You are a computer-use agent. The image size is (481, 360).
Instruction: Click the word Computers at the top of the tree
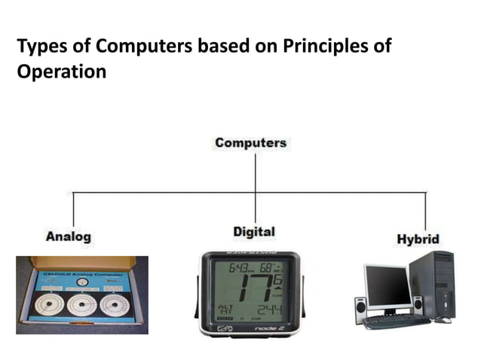click(x=250, y=142)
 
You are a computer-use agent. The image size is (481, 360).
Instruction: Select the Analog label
click(x=69, y=236)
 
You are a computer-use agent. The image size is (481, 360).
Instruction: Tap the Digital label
click(x=254, y=231)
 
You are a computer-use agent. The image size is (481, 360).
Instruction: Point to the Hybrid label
click(x=418, y=239)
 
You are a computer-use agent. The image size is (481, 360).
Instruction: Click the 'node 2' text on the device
click(x=272, y=328)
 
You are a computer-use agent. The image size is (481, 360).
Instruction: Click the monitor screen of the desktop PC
click(x=388, y=285)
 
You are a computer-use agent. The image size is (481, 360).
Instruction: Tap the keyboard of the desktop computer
click(x=396, y=322)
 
